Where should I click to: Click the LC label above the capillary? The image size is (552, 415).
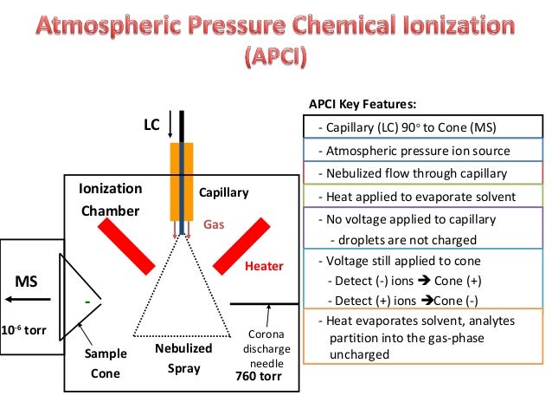tap(152, 126)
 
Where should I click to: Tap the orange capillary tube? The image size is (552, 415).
tap(182, 182)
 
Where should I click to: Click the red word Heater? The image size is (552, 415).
tap(264, 266)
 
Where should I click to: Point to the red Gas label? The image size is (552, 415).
tap(214, 224)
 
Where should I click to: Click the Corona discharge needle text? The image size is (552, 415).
tap(267, 347)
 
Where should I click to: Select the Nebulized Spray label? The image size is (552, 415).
tap(183, 358)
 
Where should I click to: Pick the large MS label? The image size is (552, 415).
tap(27, 282)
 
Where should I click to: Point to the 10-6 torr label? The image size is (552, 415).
tap(24, 331)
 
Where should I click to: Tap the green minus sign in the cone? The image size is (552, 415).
tap(88, 301)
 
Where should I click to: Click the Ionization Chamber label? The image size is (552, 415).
tap(110, 199)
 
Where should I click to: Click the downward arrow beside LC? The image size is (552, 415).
tap(171, 127)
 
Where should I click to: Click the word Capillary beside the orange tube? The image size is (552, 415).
tap(224, 192)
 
